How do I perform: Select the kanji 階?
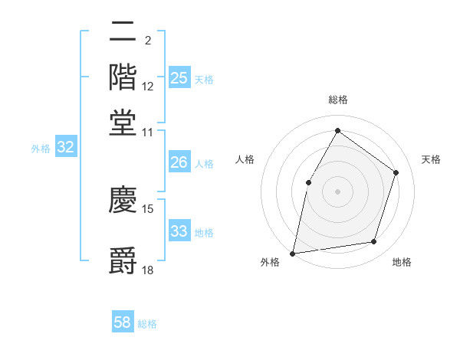pos(123,77)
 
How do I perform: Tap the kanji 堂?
pos(123,122)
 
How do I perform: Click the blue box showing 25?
pos(179,78)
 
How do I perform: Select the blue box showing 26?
pos(179,162)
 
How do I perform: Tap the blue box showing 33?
pos(179,231)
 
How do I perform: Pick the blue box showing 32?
pos(66,148)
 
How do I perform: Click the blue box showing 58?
pos(123,322)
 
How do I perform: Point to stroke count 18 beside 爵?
pos(148,270)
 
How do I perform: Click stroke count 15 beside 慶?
pos(148,208)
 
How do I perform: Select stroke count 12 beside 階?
pos(148,86)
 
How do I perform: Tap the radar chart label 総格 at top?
pos(337,100)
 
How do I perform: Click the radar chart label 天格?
pos(431,159)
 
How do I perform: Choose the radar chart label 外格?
pos(270,263)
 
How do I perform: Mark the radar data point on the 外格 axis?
pos(293,253)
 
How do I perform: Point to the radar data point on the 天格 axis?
pos(396,172)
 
